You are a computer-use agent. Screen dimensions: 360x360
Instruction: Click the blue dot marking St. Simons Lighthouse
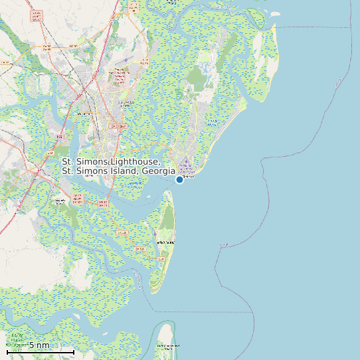pos(179,179)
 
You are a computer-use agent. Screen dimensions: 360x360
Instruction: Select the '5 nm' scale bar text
pos(39,345)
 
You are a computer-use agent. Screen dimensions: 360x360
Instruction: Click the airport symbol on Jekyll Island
pos(155,233)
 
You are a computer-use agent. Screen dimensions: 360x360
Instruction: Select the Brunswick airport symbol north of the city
pos(125,60)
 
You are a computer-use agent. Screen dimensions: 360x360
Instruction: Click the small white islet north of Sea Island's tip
pos(274,13)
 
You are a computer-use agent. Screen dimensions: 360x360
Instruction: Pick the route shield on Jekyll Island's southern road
pos(139,248)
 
